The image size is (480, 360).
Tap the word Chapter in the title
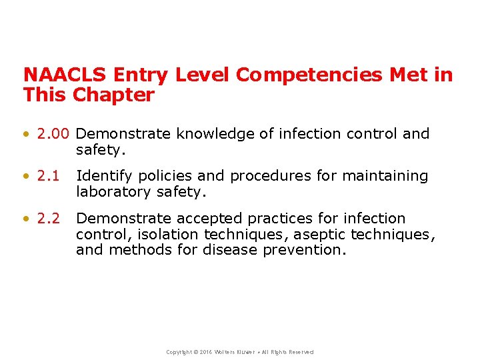click(113, 95)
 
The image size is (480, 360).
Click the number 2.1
click(49, 176)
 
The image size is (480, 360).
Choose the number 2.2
click(49, 219)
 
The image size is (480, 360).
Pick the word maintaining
click(385, 176)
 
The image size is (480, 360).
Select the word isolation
click(167, 234)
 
